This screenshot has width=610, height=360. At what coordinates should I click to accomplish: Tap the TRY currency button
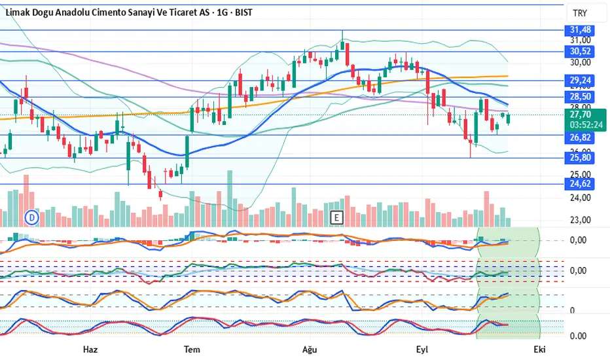[579, 13]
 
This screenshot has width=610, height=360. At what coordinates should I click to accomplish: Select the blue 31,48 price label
[580, 30]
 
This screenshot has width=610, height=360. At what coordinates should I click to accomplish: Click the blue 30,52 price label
[580, 51]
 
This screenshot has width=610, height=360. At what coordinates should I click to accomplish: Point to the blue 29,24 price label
[580, 81]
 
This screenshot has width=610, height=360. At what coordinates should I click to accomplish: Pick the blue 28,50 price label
[580, 97]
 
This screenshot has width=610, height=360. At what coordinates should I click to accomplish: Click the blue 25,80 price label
[580, 158]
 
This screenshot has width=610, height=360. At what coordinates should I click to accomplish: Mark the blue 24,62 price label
[580, 184]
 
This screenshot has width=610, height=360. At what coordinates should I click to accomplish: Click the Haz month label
[90, 349]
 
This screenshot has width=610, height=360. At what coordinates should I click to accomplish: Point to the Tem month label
[192, 349]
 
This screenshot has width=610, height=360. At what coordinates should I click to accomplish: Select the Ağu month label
[309, 349]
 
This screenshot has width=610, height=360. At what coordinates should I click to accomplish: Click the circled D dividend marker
[31, 217]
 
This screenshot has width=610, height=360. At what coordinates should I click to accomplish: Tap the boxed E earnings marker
[337, 217]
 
